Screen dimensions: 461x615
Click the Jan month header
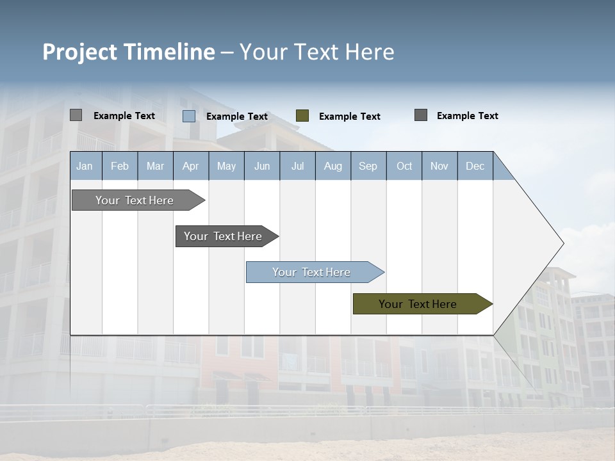pos(85,166)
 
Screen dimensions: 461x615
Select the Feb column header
pos(120,166)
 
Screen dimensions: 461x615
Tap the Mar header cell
pos(155,166)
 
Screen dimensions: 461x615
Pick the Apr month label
pos(191,166)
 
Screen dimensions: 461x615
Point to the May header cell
pos(226,166)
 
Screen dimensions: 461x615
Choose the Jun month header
pos(262,166)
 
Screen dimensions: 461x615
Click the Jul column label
pos(297,166)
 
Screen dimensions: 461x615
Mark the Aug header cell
pos(333,166)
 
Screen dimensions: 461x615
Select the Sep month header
pos(368,166)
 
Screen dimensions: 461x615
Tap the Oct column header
pos(404,166)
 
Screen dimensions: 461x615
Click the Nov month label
pos(439,166)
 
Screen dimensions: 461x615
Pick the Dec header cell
pos(475,166)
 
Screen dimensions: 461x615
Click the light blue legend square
pos(189,116)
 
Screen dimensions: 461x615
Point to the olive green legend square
pos(302,116)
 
